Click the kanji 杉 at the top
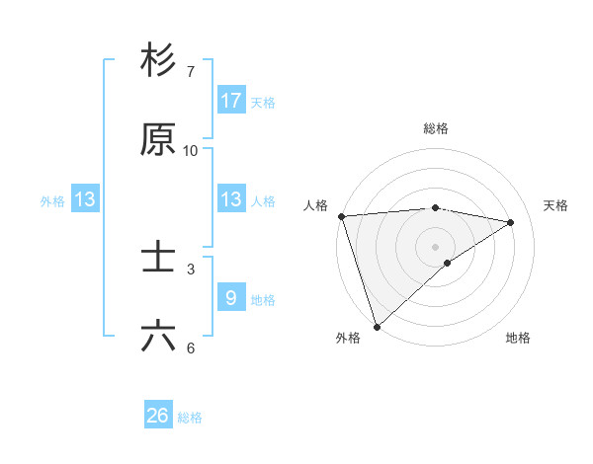158,60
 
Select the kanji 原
158,139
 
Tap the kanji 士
158,258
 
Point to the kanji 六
158,337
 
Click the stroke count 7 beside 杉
190,71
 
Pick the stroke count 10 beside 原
190,150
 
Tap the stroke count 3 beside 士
190,269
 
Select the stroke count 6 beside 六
190,348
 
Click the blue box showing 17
231,100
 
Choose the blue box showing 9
231,297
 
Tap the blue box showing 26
158,416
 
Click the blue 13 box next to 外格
85,198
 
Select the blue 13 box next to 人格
231,198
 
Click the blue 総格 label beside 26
190,418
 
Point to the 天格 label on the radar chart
556,205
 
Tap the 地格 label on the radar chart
518,338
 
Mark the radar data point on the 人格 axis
341,216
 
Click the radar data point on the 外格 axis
377,326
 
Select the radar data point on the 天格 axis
511,222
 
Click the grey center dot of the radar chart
435,246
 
